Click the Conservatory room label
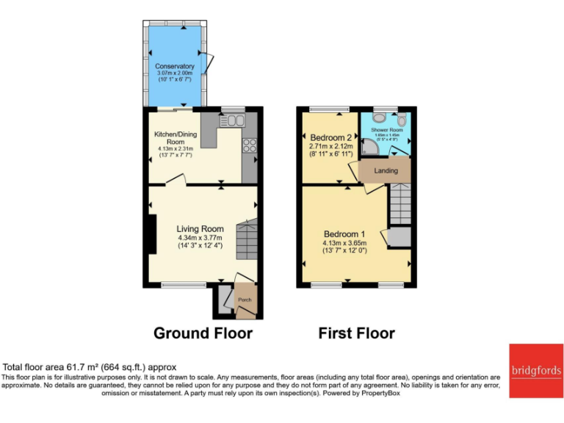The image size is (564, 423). [x=175, y=66]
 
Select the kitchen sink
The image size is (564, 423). [x=234, y=120]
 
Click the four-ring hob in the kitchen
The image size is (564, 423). [x=249, y=145]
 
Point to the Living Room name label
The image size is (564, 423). [x=200, y=228]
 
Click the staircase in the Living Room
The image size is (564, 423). [x=247, y=241]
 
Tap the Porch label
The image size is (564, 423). [x=244, y=300]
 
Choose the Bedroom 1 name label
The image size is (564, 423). [x=345, y=234]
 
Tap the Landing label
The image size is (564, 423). [x=386, y=170]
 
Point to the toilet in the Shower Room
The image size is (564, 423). [x=402, y=119]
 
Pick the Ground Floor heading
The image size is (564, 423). [x=203, y=333]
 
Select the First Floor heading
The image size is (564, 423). [x=356, y=333]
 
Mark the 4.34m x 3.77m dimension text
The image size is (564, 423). [x=200, y=237]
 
